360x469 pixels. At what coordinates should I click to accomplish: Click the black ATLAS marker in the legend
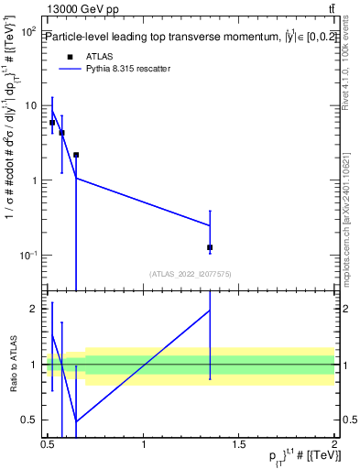point(70,57)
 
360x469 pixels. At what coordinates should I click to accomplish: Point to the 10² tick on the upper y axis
point(29,31)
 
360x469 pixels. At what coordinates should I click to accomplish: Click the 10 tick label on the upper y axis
point(29,105)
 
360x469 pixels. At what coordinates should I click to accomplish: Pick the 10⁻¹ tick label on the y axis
point(27,255)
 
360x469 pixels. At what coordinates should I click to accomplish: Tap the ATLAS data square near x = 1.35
point(210,247)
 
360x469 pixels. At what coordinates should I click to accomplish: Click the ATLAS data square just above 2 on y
point(76,155)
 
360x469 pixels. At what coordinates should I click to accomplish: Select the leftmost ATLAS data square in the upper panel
point(52,122)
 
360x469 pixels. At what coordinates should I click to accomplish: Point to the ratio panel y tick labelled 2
point(33,309)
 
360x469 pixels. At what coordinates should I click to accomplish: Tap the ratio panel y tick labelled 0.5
point(28,420)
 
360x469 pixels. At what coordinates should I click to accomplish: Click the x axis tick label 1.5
point(238,443)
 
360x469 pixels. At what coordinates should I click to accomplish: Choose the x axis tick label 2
point(333,443)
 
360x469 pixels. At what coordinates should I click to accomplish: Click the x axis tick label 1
point(144,443)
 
